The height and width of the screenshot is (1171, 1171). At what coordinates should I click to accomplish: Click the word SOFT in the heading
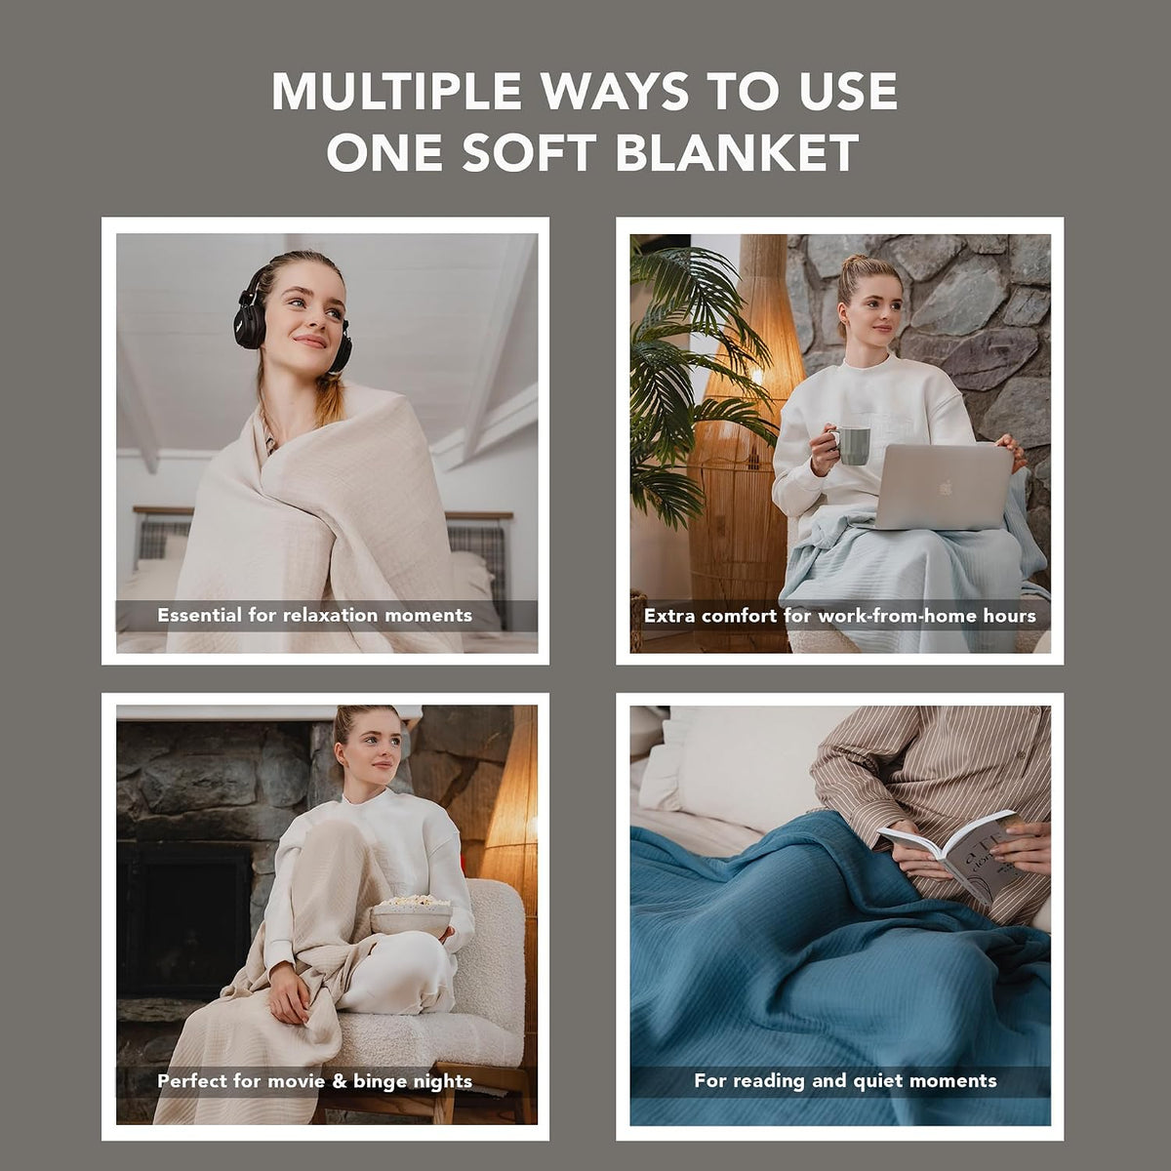click(x=529, y=152)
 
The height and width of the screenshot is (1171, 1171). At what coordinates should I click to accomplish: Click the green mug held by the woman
click(x=852, y=445)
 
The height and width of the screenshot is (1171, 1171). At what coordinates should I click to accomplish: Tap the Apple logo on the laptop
click(x=945, y=488)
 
